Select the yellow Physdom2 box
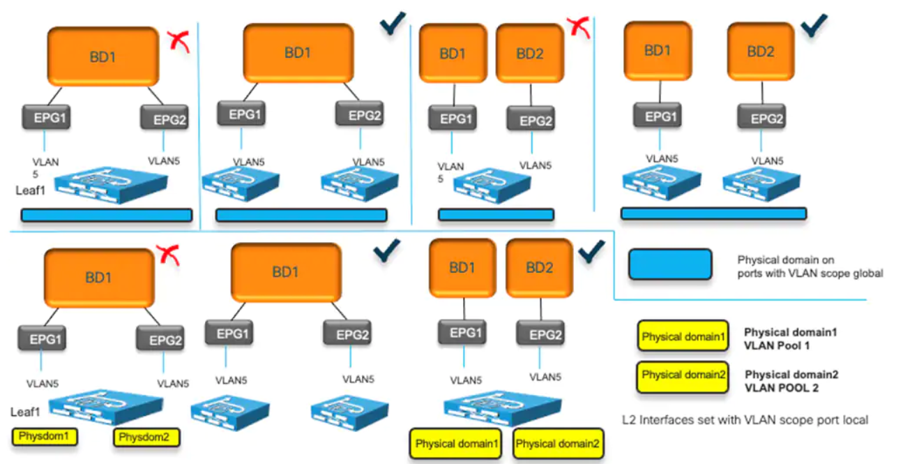[x=146, y=437]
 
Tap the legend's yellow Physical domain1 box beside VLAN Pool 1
[x=683, y=337]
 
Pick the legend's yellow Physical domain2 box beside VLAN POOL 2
[x=683, y=375]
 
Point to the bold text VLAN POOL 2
[x=780, y=387]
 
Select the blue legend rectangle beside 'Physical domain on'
[x=669, y=266]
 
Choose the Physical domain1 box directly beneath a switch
[x=457, y=444]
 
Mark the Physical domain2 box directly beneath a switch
[x=557, y=444]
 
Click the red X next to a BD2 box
[x=576, y=27]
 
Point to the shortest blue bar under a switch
[x=496, y=215]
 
